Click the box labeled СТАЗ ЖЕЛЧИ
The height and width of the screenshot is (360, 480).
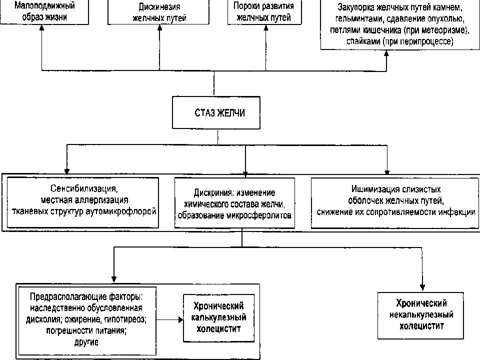tap(216, 112)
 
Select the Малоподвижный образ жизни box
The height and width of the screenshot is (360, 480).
tap(44, 12)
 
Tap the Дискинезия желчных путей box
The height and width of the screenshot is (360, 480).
tap(158, 12)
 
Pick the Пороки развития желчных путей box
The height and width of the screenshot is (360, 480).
tap(264, 12)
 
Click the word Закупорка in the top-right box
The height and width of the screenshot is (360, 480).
tap(354, 7)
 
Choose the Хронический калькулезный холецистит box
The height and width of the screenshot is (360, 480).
tap(218, 318)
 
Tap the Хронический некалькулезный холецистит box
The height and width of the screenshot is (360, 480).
tap(420, 315)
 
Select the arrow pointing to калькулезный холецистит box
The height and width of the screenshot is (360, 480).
tap(169, 320)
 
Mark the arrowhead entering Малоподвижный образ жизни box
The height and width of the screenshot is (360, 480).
tap(42, 28)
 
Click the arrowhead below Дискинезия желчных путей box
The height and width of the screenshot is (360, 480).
tap(159, 28)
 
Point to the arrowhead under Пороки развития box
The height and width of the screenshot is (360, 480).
tap(265, 28)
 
